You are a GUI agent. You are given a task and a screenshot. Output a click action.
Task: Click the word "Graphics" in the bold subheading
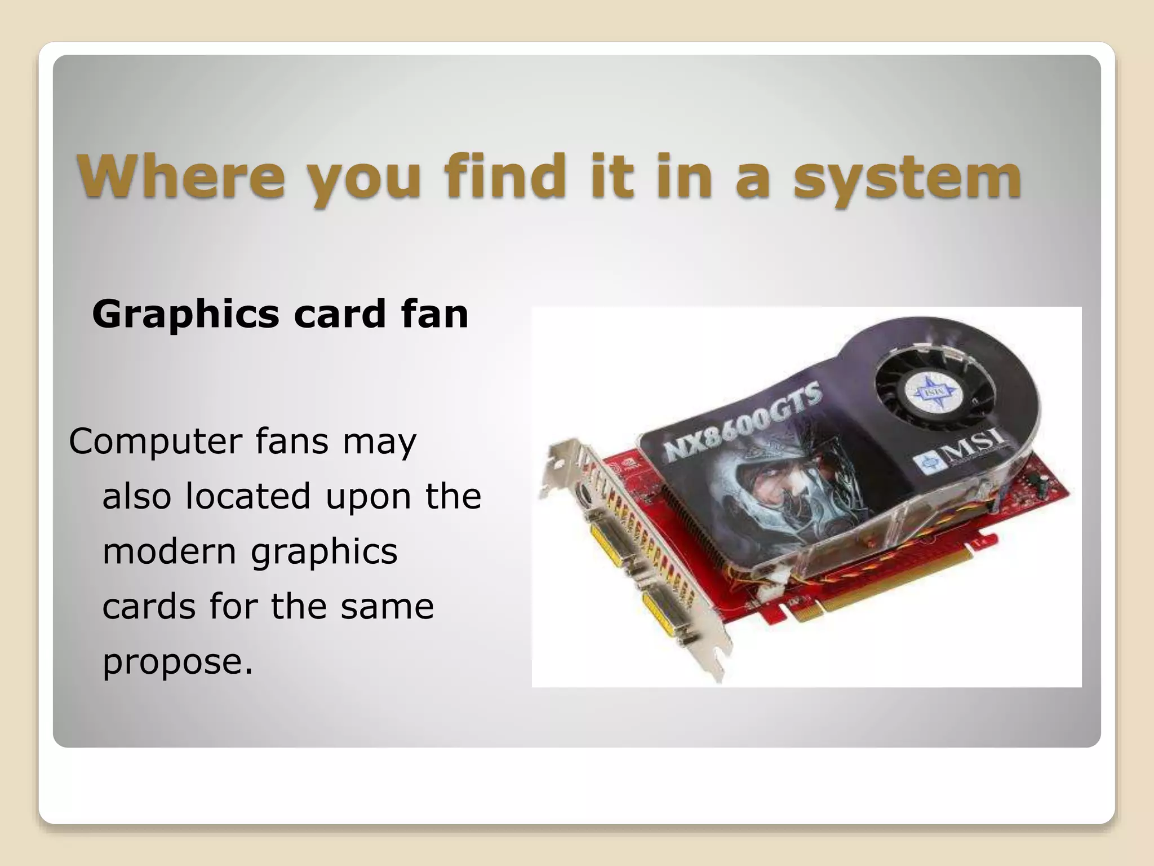185,315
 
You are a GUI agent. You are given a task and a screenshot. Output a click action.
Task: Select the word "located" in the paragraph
248,496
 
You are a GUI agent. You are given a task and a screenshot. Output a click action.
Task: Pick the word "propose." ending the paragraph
177,661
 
